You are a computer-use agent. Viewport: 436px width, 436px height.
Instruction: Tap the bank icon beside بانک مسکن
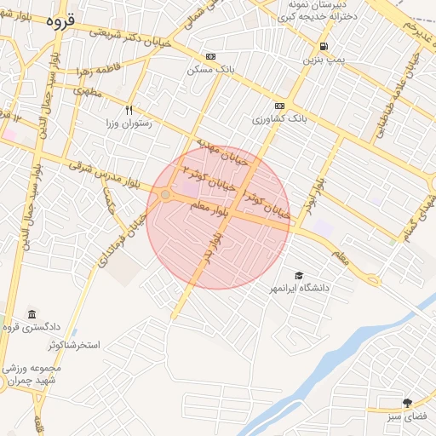(x=187, y=56)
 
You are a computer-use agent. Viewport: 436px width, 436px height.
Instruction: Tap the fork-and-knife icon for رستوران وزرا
(x=129, y=109)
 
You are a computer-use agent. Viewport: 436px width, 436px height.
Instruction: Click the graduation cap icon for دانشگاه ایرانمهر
(x=298, y=275)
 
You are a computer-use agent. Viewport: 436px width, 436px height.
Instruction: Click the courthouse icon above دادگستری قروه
(x=32, y=315)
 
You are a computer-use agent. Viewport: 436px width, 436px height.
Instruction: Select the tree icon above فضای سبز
(x=408, y=402)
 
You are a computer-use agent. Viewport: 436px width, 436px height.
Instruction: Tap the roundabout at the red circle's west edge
(x=164, y=194)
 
